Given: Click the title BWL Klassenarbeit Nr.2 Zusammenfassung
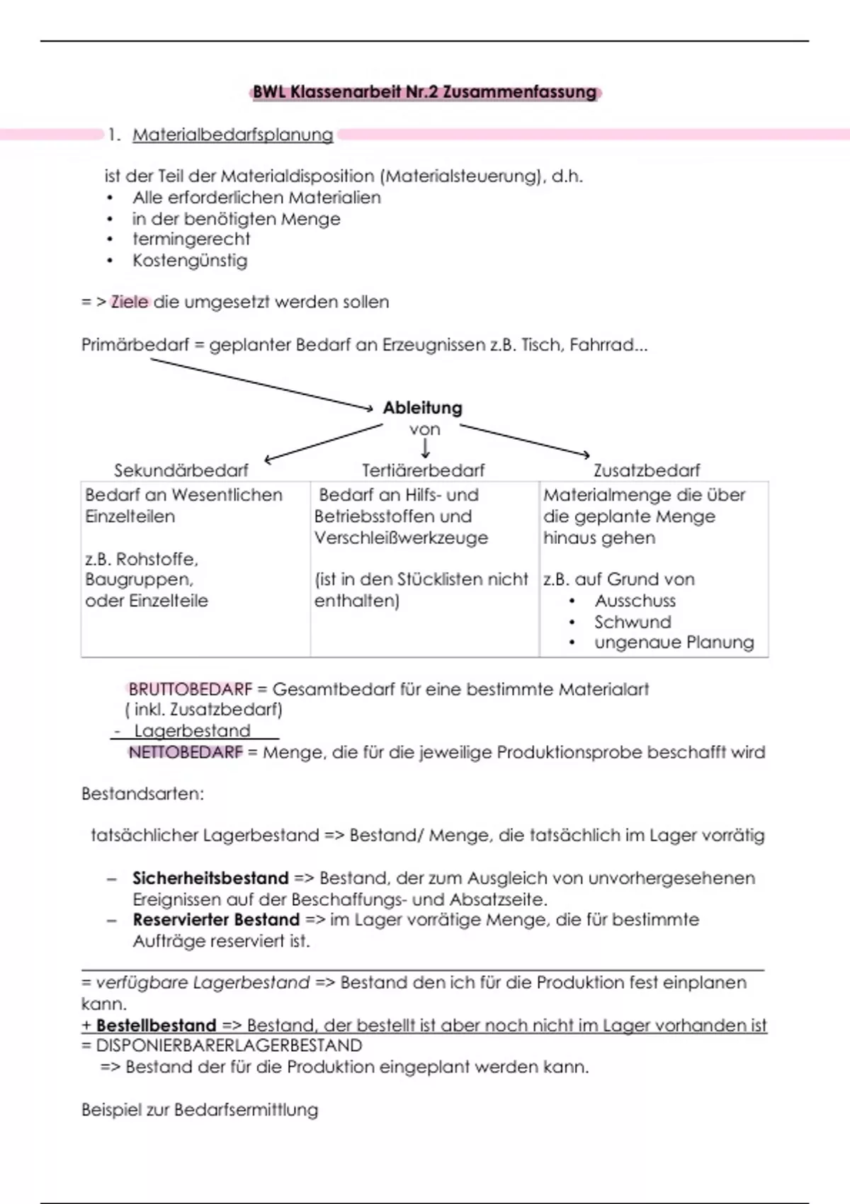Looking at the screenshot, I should click(425, 92).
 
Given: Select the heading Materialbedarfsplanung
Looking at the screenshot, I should click(232, 135).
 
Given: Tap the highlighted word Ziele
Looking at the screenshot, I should click(130, 302).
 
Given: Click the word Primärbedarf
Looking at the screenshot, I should click(135, 345).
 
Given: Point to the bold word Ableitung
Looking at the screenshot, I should click(422, 408).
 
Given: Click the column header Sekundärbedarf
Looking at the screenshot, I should click(181, 470).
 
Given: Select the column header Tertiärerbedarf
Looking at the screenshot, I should click(424, 470).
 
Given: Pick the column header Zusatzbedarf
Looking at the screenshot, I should click(647, 470).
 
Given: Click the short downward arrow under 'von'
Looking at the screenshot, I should click(425, 448).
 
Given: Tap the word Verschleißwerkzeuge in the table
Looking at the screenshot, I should click(401, 538).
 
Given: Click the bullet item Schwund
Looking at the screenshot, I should click(633, 622).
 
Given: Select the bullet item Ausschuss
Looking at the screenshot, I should click(635, 601).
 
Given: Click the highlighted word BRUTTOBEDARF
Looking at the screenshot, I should click(190, 689).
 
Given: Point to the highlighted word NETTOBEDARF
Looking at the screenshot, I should click(186, 752).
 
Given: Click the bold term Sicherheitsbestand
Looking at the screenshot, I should click(210, 878).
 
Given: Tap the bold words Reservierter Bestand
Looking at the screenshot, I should click(216, 920).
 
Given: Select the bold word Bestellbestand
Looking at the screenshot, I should click(156, 1026).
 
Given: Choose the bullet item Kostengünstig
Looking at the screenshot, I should click(190, 261).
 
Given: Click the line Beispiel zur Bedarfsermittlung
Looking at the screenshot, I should click(200, 1110).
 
